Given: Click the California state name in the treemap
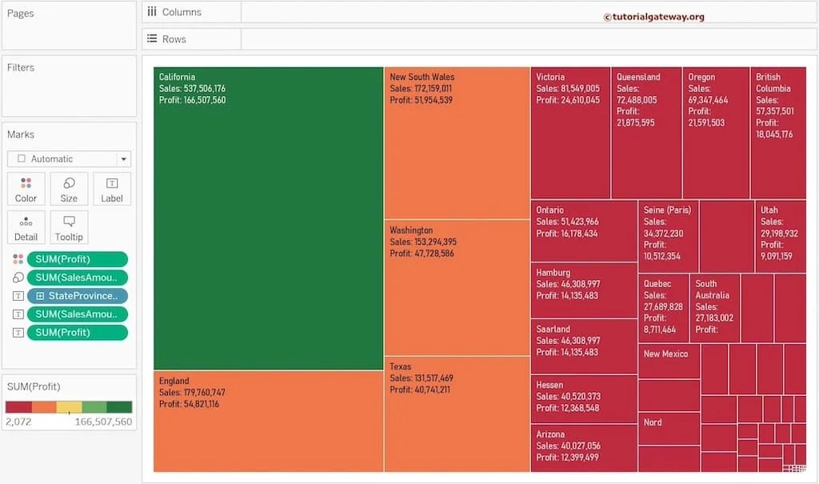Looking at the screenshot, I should click(x=177, y=78).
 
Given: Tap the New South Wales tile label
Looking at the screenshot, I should click(x=421, y=78).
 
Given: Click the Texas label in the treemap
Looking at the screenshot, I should click(x=400, y=367).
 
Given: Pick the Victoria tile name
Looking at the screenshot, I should click(x=550, y=78).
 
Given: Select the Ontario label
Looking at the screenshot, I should click(x=549, y=210).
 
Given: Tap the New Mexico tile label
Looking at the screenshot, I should click(x=665, y=354).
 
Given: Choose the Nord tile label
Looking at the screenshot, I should click(x=653, y=422).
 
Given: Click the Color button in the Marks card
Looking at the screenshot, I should click(x=26, y=189).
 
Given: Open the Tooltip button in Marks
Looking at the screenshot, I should click(x=69, y=227).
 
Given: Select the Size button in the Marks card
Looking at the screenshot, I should click(x=69, y=189).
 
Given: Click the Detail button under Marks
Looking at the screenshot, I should click(x=26, y=227).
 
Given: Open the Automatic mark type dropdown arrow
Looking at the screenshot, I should click(x=122, y=159).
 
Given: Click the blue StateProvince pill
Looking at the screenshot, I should click(x=77, y=296).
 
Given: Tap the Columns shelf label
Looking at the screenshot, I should click(x=181, y=13).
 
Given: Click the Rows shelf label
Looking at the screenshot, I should click(x=174, y=39).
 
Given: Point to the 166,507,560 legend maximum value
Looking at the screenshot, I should click(x=103, y=422).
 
